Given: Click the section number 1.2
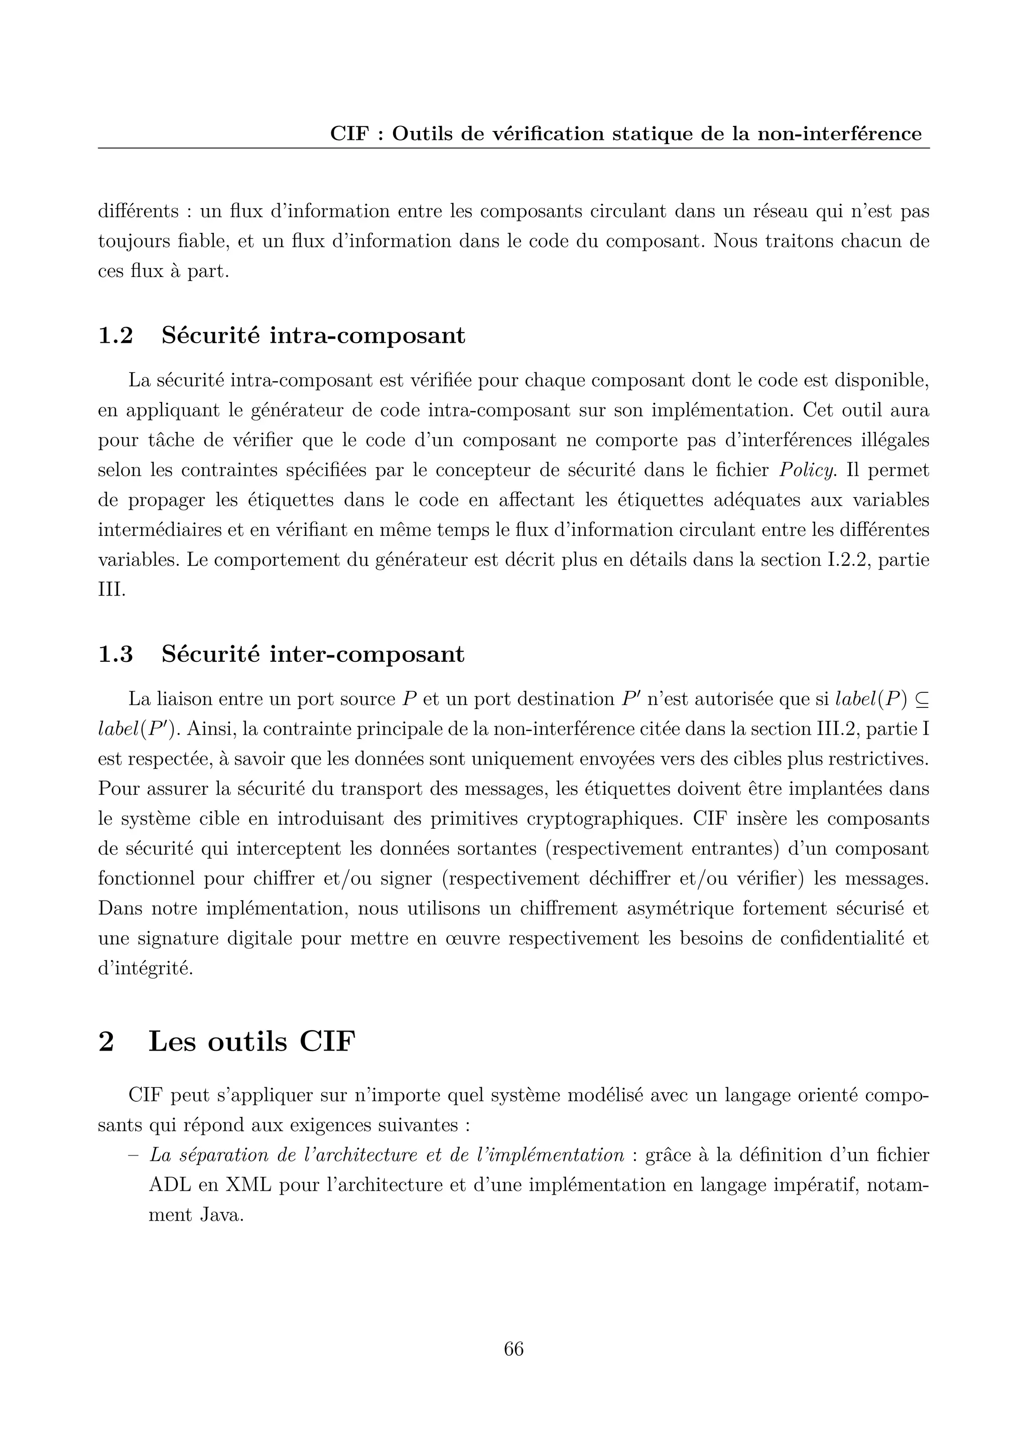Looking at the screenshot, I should pos(115,336).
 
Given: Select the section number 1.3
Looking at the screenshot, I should pos(115,654).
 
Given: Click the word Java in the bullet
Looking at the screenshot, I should pos(221,1215).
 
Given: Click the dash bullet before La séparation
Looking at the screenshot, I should pos(134,1155).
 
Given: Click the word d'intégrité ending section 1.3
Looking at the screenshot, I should pos(146,968).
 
